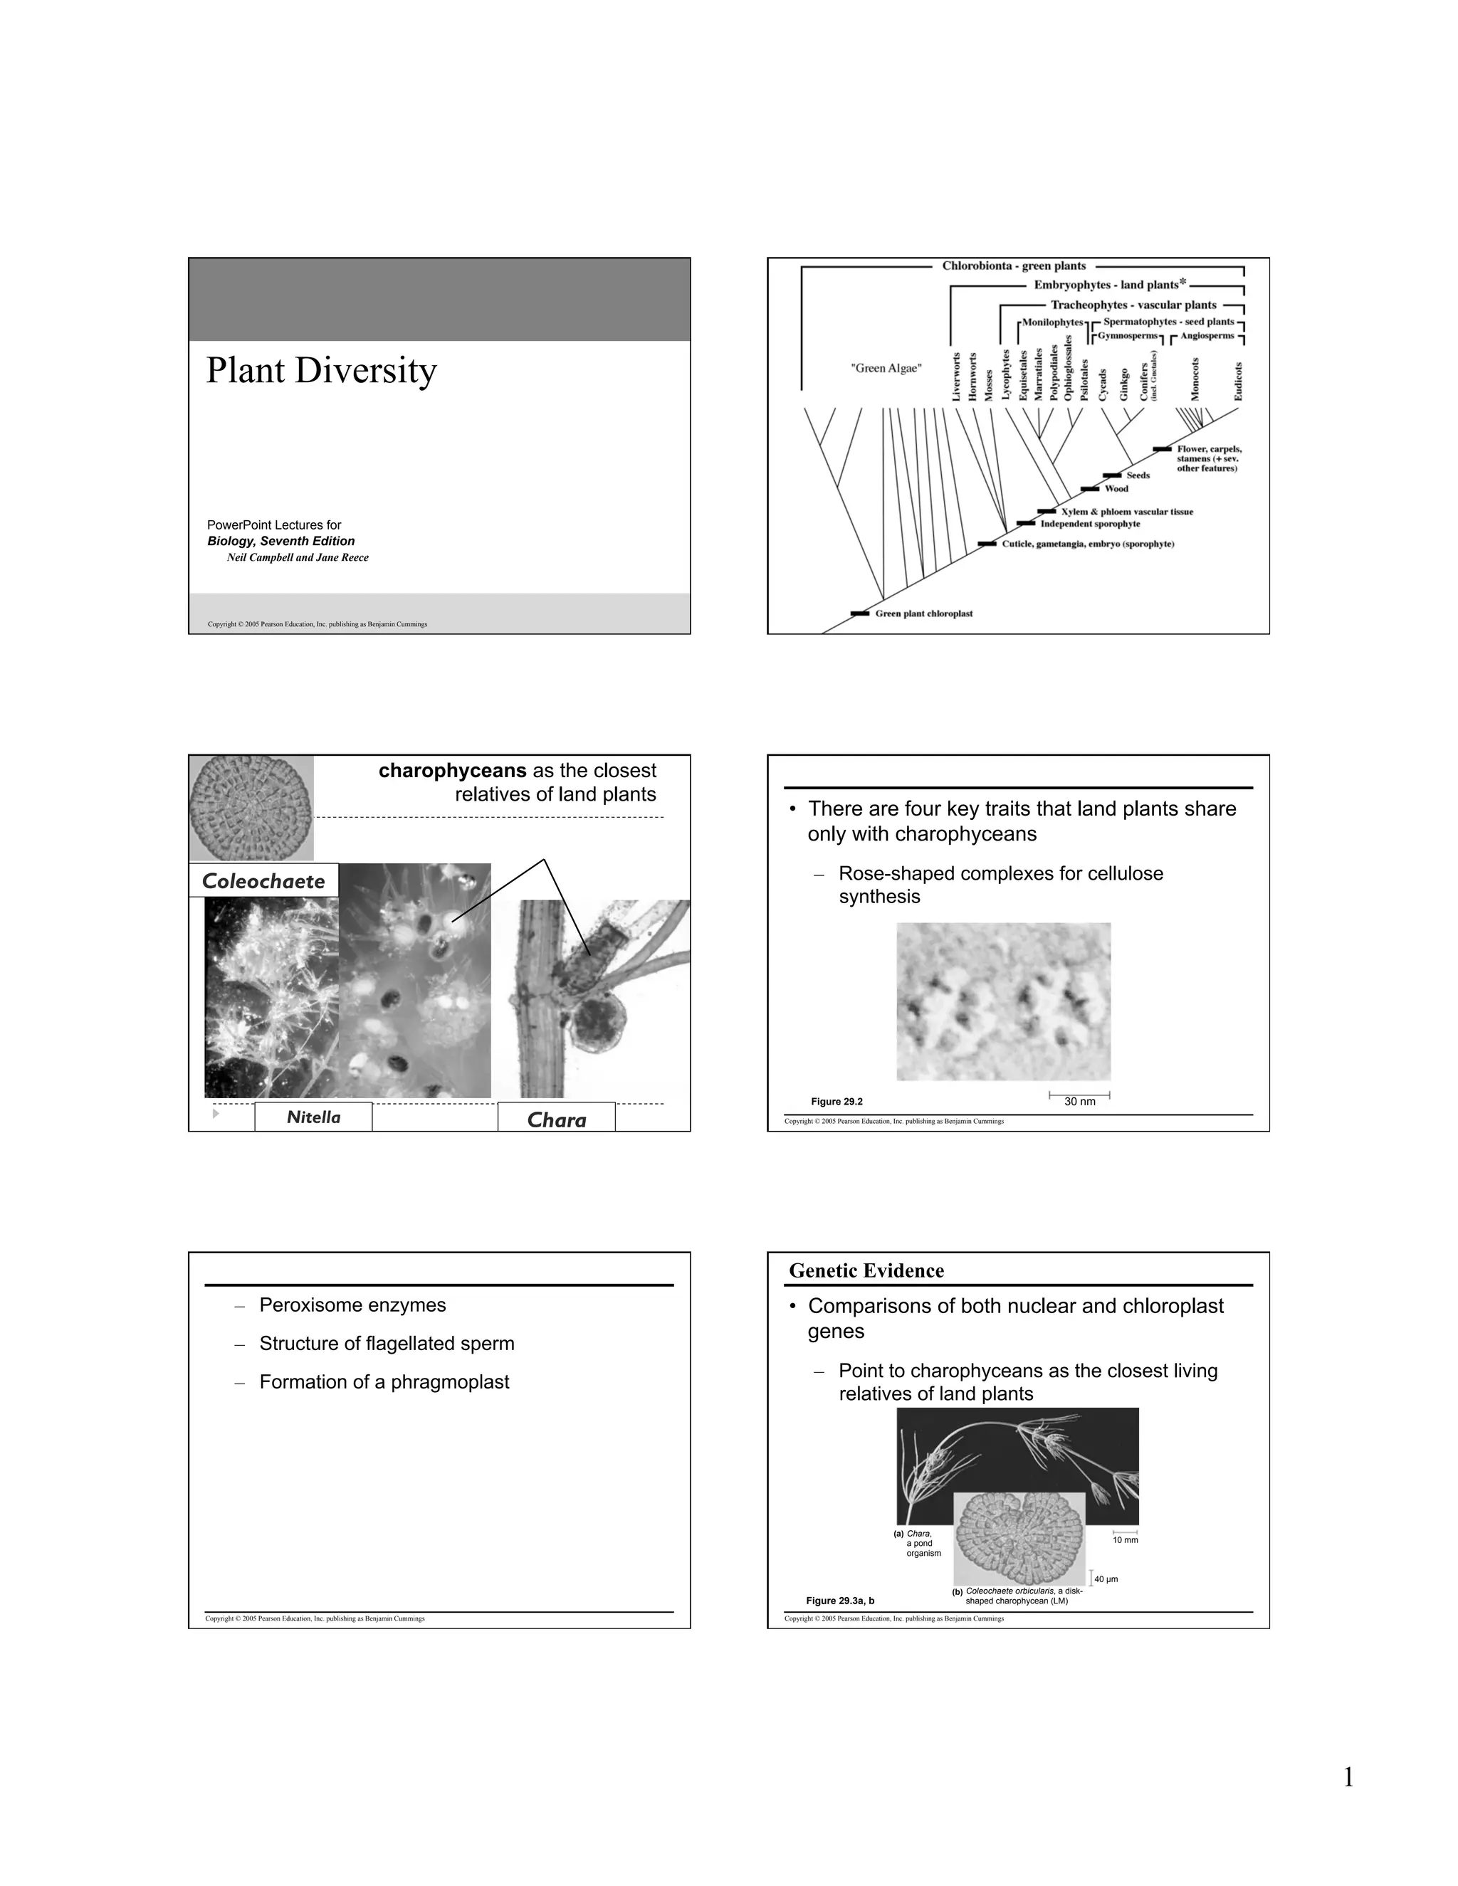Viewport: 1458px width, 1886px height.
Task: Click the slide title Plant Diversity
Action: point(321,372)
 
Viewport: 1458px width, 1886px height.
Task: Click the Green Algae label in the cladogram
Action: point(886,369)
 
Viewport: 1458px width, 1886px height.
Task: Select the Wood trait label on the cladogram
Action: point(1116,489)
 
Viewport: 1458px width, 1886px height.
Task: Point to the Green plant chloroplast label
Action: point(923,614)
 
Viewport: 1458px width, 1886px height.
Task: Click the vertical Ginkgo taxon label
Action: point(1123,384)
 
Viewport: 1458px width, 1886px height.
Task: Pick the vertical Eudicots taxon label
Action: point(1238,381)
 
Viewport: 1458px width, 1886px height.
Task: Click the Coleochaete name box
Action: point(263,881)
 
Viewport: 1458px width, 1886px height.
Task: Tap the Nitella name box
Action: point(313,1117)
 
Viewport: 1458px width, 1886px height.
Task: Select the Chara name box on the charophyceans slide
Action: point(556,1120)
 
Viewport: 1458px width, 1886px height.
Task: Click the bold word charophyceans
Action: point(452,770)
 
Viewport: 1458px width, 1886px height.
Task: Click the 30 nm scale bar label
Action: point(1080,1102)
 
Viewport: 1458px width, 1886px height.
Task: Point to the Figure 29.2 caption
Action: point(836,1102)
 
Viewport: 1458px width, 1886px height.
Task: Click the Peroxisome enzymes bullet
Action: point(352,1305)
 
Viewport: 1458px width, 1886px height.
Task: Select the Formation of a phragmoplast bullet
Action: point(384,1381)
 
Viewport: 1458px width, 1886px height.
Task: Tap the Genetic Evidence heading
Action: point(866,1270)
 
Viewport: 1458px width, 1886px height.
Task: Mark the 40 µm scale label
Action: point(1106,1579)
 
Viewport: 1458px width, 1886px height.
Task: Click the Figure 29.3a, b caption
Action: point(839,1601)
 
